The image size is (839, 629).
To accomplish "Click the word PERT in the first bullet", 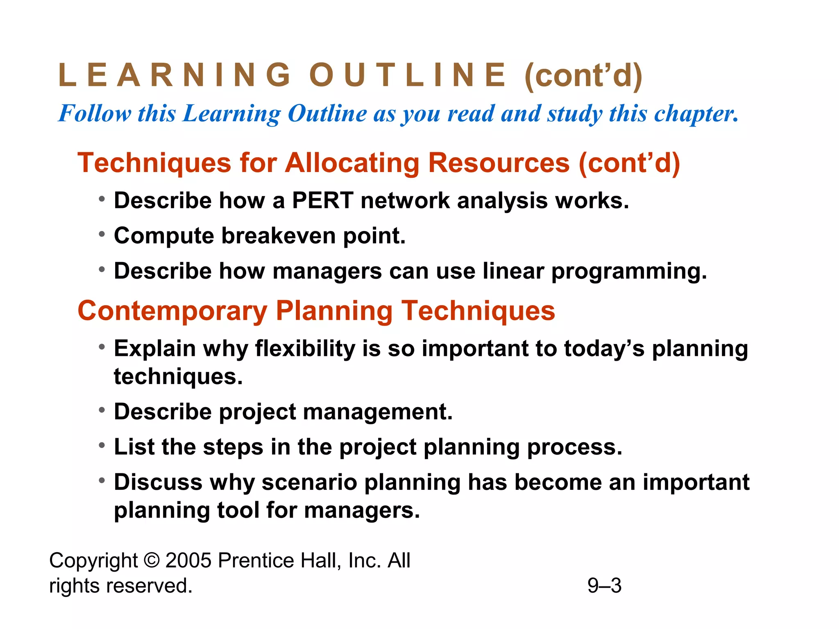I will point(322,201).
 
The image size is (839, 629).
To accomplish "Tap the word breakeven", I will point(278,236).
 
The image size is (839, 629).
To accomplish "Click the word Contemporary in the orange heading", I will point(172,311).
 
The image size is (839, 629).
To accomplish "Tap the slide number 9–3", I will point(604,585).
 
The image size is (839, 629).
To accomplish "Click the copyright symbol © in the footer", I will point(152,560).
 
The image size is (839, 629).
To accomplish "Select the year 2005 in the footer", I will point(188,560).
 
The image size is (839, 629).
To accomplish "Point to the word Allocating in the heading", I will point(352,163).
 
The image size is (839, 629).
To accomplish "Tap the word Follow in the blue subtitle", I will point(95,113).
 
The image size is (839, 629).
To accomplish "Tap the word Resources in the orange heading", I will point(499,163).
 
